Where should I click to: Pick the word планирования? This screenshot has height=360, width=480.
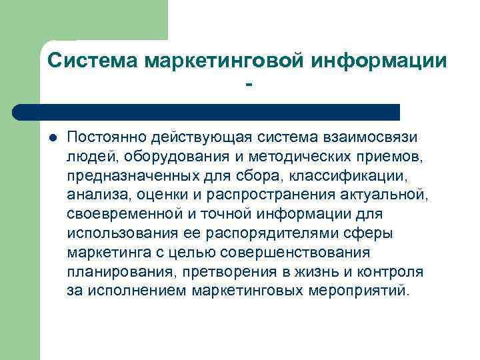[x=115, y=272]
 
